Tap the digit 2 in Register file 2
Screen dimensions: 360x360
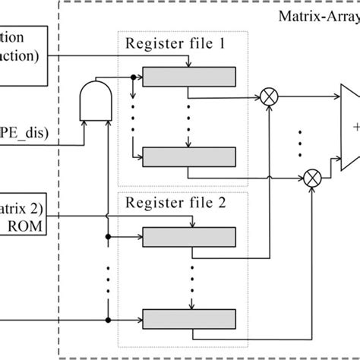click(223, 204)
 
